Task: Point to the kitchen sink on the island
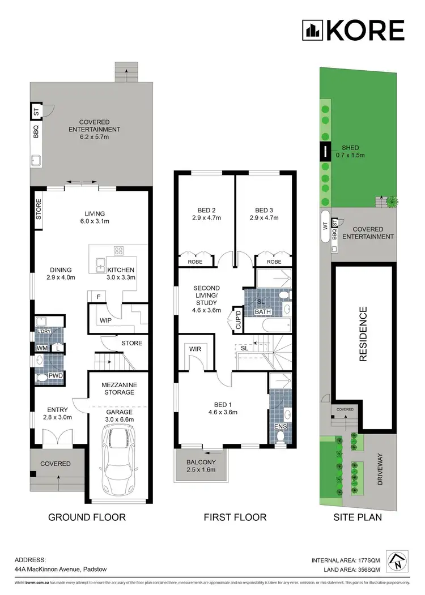coord(100,263)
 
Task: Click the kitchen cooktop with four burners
coord(120,251)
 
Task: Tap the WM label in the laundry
coord(41,348)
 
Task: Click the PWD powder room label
coord(55,374)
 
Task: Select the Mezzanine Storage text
coord(119,388)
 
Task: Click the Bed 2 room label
coord(205,212)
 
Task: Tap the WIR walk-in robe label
coord(195,349)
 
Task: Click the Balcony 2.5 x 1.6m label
coord(201,466)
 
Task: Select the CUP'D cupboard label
coord(238,320)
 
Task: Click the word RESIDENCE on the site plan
coord(364,334)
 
